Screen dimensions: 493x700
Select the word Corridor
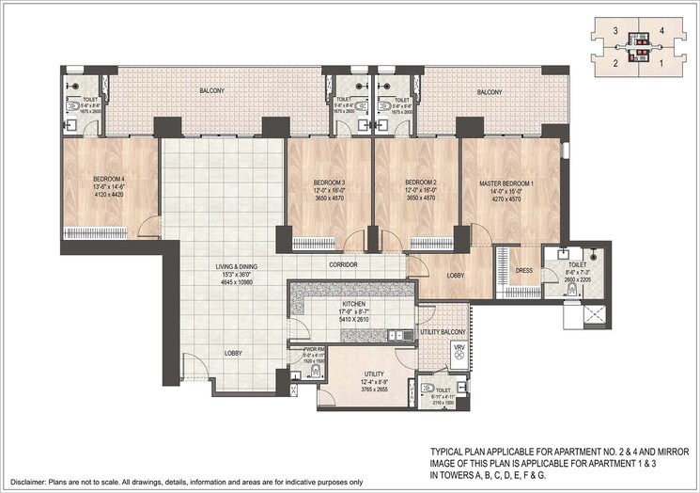coord(343,265)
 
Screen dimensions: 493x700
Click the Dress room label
coord(524,271)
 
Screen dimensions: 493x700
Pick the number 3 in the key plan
coord(614,31)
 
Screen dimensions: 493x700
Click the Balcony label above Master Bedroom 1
coord(490,91)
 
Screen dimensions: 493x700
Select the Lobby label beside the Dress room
coord(454,275)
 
